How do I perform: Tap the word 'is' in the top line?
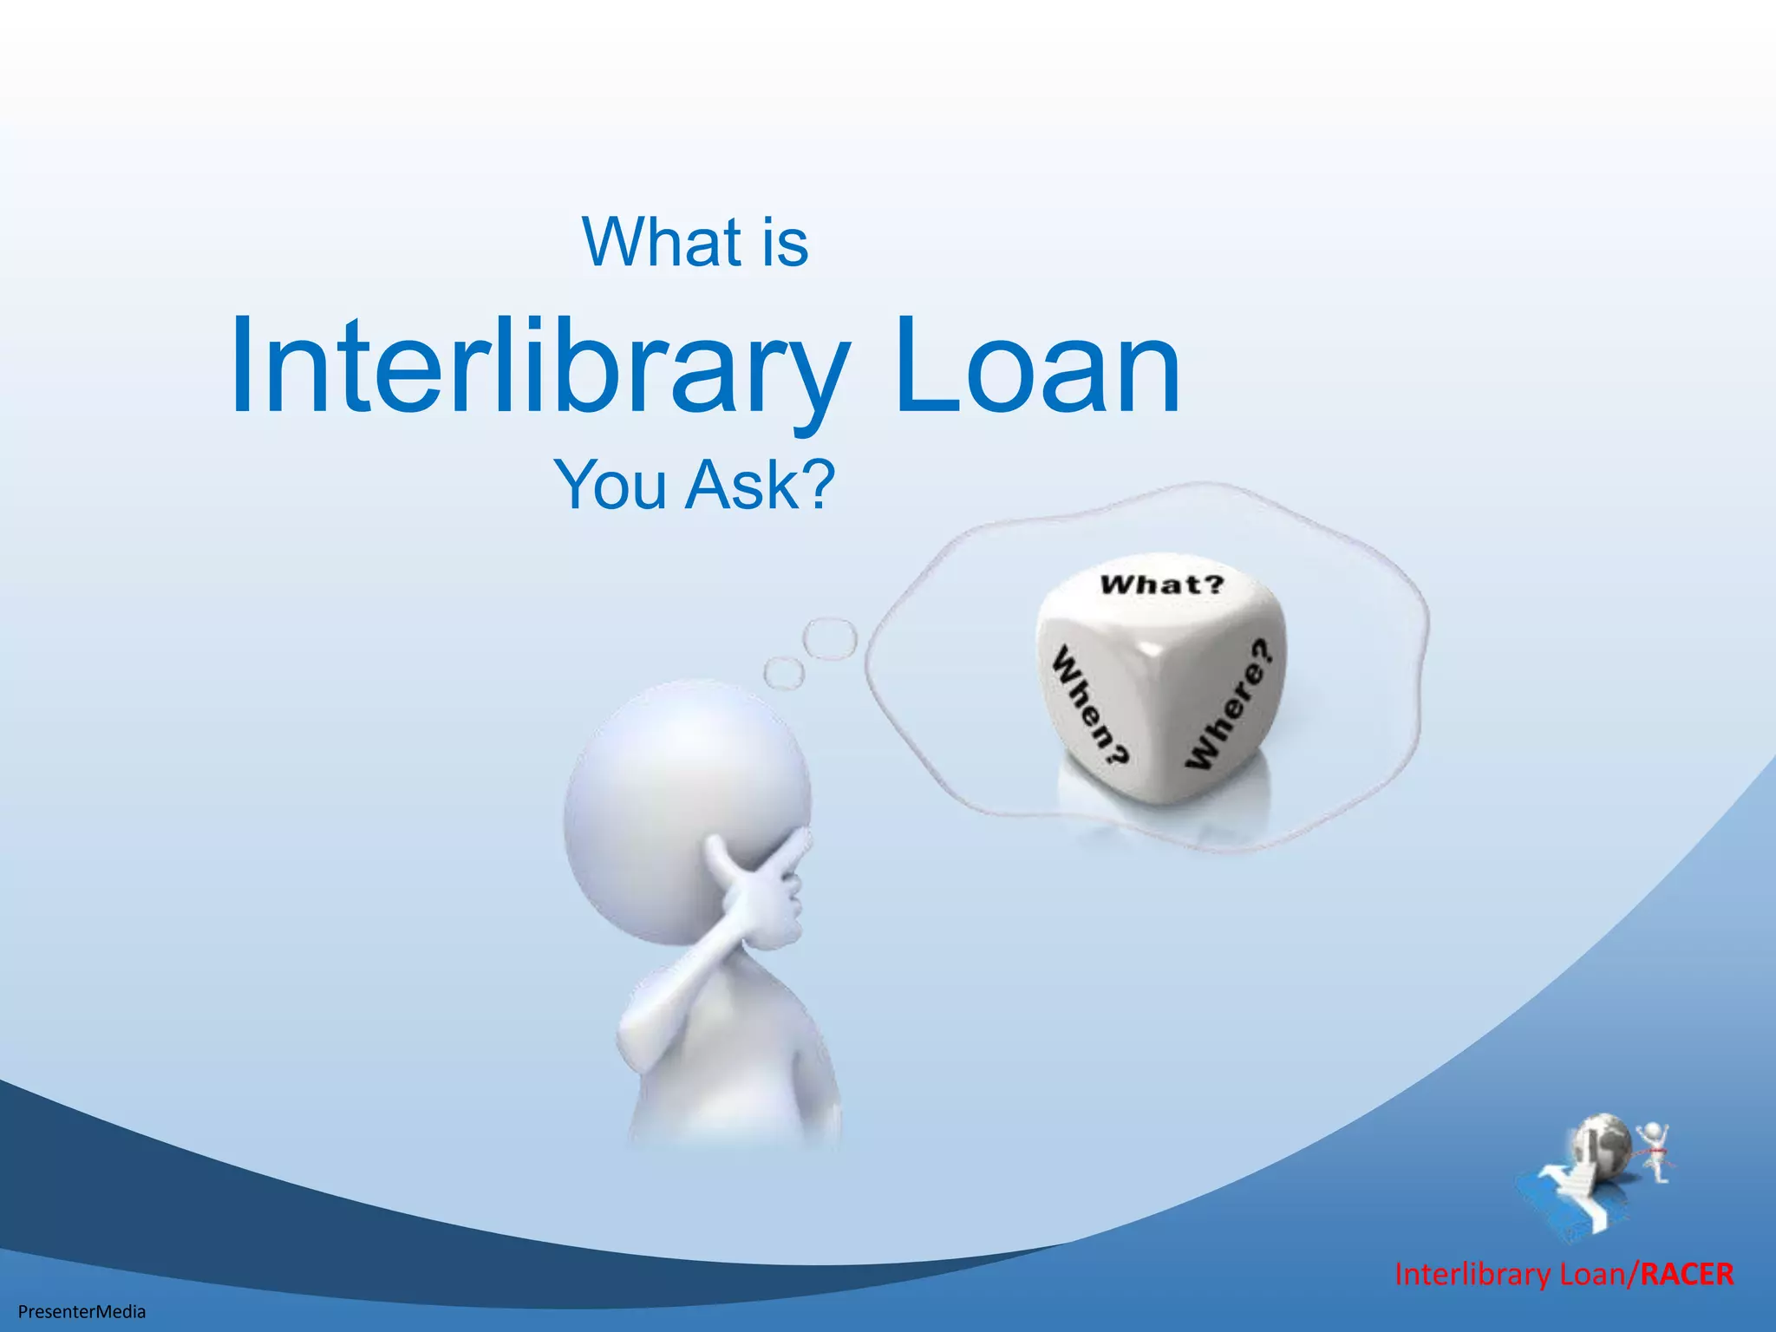click(x=784, y=243)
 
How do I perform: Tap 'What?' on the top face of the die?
click(x=1162, y=584)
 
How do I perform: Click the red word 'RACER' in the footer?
click(x=1687, y=1274)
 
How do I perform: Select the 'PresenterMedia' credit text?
click(x=82, y=1311)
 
